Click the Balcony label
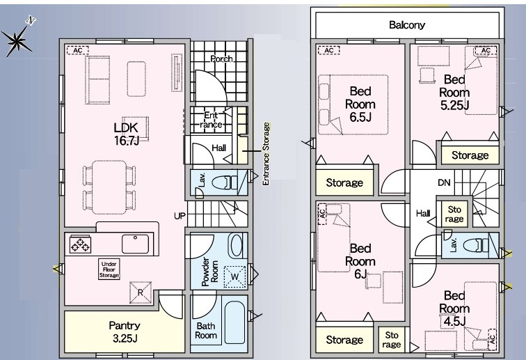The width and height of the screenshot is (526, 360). pyautogui.click(x=407, y=25)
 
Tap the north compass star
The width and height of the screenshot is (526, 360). pyautogui.click(x=17, y=40)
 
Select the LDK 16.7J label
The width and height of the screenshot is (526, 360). pyautogui.click(x=126, y=134)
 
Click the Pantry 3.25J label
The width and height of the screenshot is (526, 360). pyautogui.click(x=125, y=331)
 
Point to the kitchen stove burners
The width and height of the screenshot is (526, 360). pyautogui.click(x=81, y=244)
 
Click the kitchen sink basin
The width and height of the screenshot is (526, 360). pyautogui.click(x=135, y=244)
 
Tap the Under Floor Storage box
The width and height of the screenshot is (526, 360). pyautogui.click(x=109, y=269)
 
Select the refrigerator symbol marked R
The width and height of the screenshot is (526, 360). pyautogui.click(x=141, y=292)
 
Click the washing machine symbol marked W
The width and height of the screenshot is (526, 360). pyautogui.click(x=235, y=276)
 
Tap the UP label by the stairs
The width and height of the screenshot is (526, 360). pyautogui.click(x=180, y=216)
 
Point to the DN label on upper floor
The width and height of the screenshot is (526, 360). pyautogui.click(x=444, y=182)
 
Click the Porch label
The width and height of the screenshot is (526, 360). pyautogui.click(x=221, y=58)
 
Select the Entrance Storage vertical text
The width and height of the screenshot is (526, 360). pyautogui.click(x=266, y=154)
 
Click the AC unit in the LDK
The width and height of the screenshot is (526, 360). pyautogui.click(x=77, y=50)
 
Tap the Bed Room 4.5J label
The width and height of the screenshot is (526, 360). pyautogui.click(x=454, y=308)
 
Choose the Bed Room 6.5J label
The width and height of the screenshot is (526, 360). pyautogui.click(x=360, y=104)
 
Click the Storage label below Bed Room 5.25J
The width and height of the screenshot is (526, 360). pyautogui.click(x=470, y=155)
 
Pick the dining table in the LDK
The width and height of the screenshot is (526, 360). pyautogui.click(x=109, y=187)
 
